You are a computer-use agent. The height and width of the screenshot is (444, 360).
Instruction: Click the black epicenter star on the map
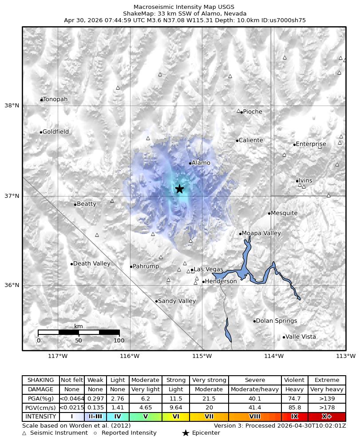click(179, 189)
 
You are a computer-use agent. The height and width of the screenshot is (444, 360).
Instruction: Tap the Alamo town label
click(201, 163)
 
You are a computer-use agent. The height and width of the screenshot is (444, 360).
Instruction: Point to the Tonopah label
click(55, 99)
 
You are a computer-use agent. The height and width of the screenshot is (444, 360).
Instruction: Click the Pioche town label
click(253, 112)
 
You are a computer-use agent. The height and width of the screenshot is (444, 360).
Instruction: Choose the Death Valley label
click(91, 263)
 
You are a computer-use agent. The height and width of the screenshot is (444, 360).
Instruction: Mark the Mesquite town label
click(284, 213)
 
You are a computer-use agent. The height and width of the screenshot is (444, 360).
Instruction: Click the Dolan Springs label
click(277, 321)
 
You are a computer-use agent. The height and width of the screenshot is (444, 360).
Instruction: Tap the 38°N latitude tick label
click(12, 106)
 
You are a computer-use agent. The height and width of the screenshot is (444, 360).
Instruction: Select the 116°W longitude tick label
click(130, 356)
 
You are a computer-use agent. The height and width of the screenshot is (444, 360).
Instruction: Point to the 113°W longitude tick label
click(346, 356)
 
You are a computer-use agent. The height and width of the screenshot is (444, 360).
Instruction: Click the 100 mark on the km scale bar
click(119, 341)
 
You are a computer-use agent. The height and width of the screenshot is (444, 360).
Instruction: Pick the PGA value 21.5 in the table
click(209, 399)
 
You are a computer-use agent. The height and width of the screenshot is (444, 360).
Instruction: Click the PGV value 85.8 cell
click(294, 408)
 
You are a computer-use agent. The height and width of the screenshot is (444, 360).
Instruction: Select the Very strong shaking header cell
click(209, 380)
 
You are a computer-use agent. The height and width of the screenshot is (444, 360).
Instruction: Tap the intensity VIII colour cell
click(255, 417)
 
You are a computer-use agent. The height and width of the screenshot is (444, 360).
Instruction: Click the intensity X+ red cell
click(326, 417)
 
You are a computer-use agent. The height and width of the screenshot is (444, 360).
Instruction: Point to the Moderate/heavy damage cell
click(255, 389)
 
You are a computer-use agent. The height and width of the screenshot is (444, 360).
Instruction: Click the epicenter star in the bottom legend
click(186, 433)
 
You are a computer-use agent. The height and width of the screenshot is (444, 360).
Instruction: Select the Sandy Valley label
click(177, 301)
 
